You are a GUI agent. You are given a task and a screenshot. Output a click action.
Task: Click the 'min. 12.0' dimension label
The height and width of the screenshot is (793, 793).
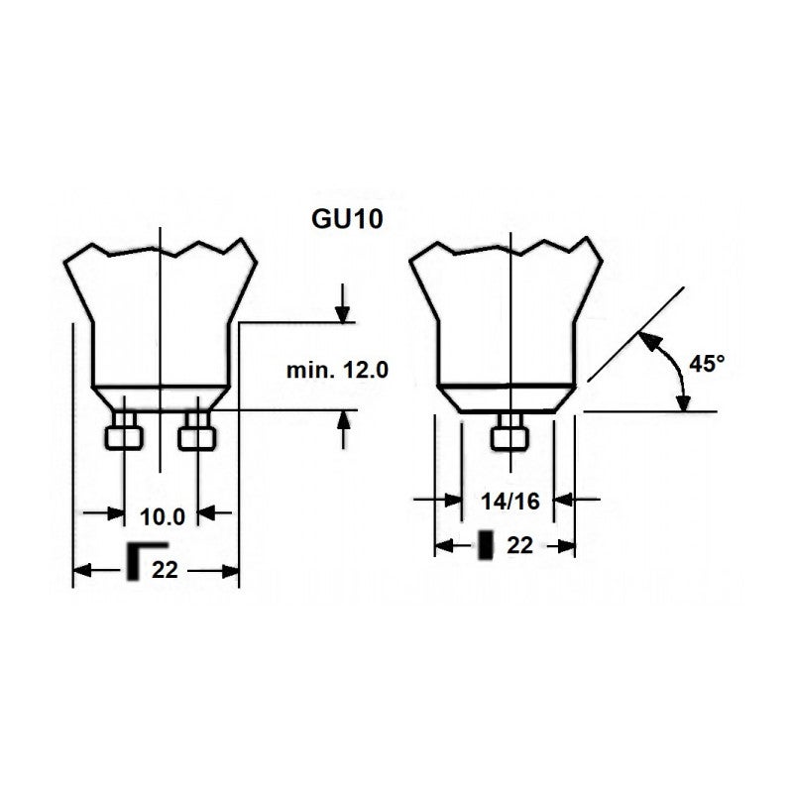(337, 370)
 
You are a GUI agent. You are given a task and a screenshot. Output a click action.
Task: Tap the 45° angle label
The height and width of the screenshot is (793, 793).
(708, 364)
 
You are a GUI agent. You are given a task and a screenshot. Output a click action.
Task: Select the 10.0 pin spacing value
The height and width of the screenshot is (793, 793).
(162, 516)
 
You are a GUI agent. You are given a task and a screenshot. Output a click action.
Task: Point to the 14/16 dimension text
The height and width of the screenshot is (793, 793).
(510, 502)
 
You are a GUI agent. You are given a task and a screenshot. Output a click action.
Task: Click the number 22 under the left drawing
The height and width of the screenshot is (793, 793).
(165, 569)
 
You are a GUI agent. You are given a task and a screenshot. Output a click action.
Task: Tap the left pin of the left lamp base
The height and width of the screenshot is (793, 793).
(123, 432)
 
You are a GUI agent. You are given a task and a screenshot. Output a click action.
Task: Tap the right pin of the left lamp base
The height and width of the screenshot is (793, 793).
(197, 432)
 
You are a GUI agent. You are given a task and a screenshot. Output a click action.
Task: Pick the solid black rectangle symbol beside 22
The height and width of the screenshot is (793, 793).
(486, 545)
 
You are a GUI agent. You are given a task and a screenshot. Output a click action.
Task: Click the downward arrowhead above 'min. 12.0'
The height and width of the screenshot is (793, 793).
(343, 311)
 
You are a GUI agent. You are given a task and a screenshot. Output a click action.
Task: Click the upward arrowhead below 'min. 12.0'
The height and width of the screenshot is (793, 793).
(343, 420)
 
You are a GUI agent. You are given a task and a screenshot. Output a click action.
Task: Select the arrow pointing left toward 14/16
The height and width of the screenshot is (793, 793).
(570, 499)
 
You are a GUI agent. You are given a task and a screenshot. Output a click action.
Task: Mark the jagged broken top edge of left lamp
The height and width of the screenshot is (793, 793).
(159, 248)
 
